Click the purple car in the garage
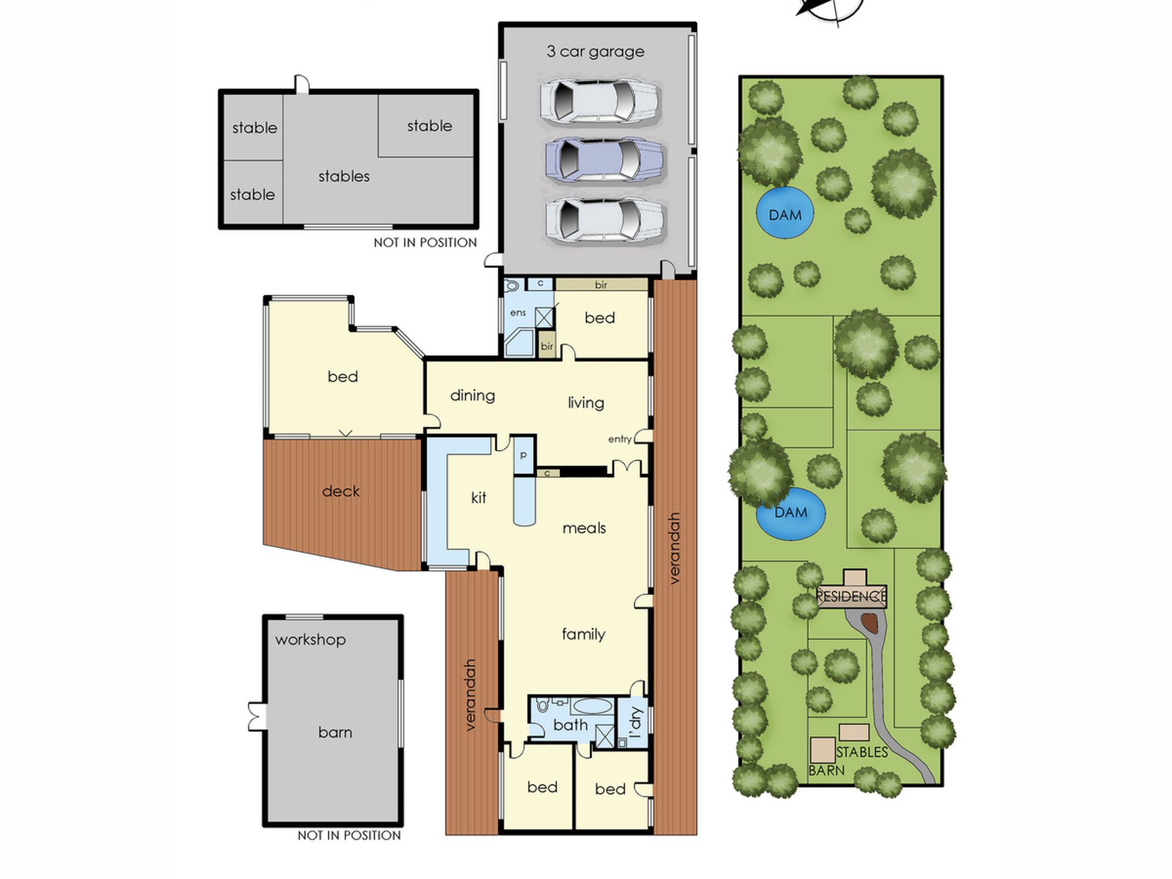tap(604, 159)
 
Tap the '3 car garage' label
tap(595, 52)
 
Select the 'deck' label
tap(340, 491)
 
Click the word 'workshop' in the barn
tap(311, 639)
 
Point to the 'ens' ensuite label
tap(518, 313)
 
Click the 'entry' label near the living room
tap(620, 439)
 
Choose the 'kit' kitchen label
tap(479, 498)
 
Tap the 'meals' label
tap(584, 528)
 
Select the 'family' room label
tap(583, 633)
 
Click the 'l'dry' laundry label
tap(635, 723)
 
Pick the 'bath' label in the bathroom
tap(570, 725)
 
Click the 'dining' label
tap(472, 396)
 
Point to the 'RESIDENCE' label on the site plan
tap(851, 597)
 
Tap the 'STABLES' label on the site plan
tap(862, 752)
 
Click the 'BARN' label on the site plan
tap(826, 770)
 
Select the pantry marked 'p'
tap(524, 455)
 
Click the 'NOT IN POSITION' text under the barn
tap(349, 835)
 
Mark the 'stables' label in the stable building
tap(344, 176)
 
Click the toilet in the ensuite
tap(512, 285)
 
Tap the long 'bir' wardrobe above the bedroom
tap(602, 285)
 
